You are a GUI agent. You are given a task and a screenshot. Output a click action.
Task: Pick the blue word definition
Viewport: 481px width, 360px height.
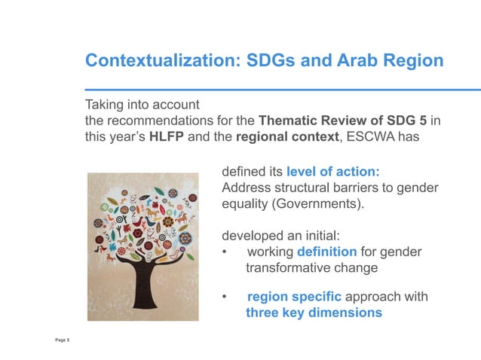click(x=327, y=252)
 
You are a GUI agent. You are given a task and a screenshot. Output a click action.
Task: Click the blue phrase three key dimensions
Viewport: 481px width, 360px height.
click(x=314, y=313)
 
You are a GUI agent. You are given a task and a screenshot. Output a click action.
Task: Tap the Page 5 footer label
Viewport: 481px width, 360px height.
click(x=63, y=341)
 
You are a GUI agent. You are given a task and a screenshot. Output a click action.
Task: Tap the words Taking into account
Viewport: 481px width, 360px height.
click(x=142, y=104)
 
